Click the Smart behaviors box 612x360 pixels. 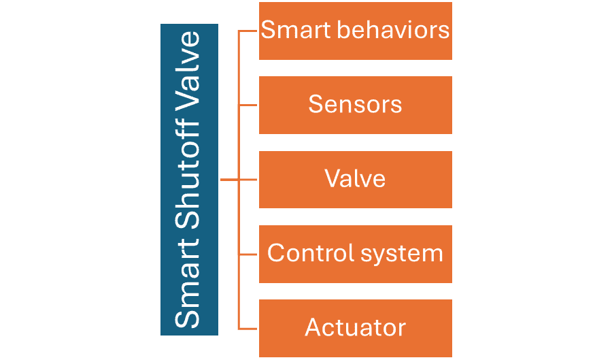355,31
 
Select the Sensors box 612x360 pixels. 355,105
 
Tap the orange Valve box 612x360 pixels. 355,179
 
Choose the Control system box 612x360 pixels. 355,253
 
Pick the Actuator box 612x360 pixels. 355,327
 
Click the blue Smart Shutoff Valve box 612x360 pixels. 189,180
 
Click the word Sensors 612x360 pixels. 355,105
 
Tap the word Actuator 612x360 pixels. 355,327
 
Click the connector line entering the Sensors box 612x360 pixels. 248,105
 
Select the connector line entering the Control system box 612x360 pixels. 248,254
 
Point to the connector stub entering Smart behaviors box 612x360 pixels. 248,31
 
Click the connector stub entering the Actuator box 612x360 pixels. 248,328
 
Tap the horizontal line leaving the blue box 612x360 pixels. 229,180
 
